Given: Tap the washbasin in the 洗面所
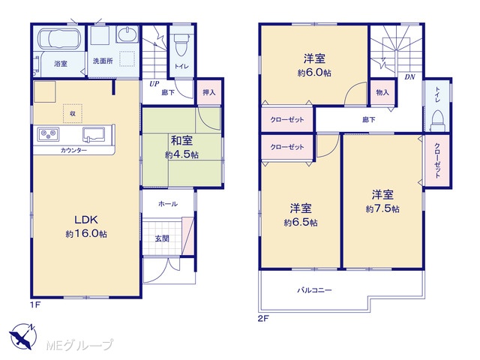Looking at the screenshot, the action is [x=127, y=34].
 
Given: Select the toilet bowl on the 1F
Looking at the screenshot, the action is [x=181, y=45].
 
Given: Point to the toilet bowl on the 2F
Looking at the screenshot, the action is [x=437, y=121].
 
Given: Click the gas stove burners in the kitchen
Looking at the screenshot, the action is [x=48, y=134].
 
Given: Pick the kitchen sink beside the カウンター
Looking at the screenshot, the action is [x=94, y=135].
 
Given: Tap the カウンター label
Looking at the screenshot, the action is [x=73, y=150].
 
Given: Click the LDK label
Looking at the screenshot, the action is [x=86, y=220].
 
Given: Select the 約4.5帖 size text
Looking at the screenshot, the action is [x=181, y=155].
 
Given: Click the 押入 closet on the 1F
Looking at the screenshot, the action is [x=209, y=92].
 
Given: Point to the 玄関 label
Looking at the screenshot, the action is [x=162, y=238].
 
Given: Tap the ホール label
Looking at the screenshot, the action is [x=168, y=204].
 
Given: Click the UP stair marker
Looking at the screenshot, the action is [x=154, y=84].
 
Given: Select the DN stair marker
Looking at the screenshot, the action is [x=409, y=77].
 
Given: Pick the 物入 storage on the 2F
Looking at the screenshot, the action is [x=382, y=92].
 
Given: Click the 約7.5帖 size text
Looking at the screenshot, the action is [x=382, y=208].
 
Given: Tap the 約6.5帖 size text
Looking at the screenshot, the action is [x=301, y=223].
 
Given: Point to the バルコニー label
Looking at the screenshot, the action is [x=314, y=290].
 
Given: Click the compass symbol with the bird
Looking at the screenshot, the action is [x=23, y=336].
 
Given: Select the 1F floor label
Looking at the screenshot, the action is [x=35, y=305].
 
